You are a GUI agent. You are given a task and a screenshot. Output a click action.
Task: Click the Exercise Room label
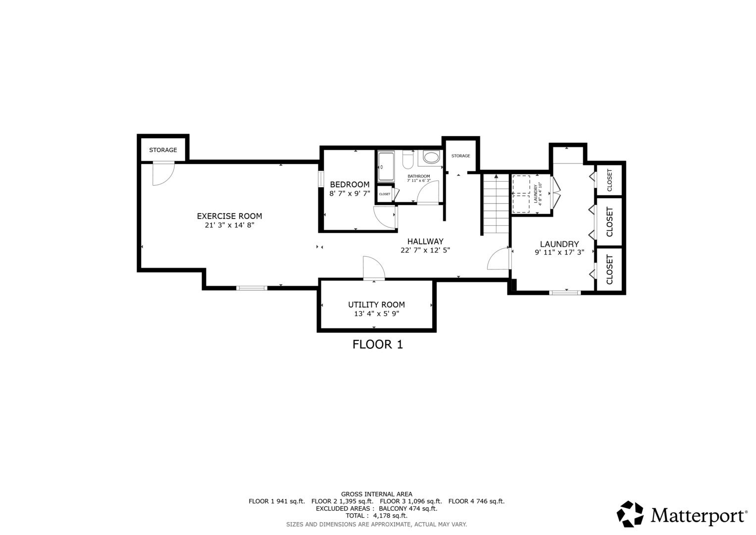pyautogui.click(x=230, y=216)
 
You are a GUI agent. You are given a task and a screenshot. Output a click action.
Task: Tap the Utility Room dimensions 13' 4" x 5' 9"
pyautogui.click(x=376, y=314)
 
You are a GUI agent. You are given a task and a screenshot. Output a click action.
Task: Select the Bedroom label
pyautogui.click(x=350, y=184)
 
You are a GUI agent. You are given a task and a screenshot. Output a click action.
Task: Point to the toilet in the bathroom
pyautogui.click(x=408, y=160)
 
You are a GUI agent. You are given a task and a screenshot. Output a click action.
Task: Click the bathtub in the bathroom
pyautogui.click(x=386, y=166)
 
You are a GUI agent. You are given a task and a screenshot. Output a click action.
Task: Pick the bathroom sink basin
pyautogui.click(x=431, y=158)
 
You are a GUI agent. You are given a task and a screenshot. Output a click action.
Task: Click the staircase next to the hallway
pyautogui.click(x=496, y=204)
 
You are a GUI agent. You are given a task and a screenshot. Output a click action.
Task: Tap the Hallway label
pyautogui.click(x=425, y=242)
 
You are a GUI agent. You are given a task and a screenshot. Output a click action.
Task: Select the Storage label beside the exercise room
pyautogui.click(x=163, y=150)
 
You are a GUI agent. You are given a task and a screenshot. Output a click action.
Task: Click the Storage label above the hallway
pyautogui.click(x=461, y=156)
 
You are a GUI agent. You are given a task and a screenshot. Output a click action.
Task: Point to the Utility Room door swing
pyautogui.click(x=374, y=268)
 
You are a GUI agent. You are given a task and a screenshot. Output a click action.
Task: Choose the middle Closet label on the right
pyautogui.click(x=609, y=222)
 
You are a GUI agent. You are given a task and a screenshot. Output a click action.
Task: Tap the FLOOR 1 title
pyautogui.click(x=378, y=344)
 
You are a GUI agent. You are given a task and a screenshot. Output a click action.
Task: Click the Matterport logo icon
pyautogui.click(x=630, y=514)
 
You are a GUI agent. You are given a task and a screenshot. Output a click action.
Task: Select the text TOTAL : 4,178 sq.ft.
pyautogui.click(x=376, y=516)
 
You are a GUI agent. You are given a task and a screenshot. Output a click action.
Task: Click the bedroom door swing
pyautogui.click(x=385, y=216)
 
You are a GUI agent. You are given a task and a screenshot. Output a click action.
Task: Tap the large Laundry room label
pyautogui.click(x=559, y=244)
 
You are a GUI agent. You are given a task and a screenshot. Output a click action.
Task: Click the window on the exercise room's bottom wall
pyautogui.click(x=252, y=288)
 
